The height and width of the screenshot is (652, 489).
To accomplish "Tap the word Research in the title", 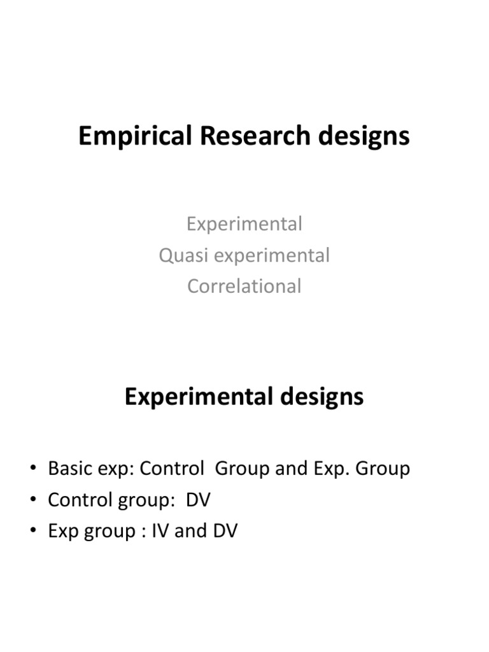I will pos(249,136).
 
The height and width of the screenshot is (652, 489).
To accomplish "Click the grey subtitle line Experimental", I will pos(244,224).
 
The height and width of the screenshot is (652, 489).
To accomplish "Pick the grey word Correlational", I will pos(244,286).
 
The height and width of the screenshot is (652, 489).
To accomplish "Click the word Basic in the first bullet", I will pos(68,469).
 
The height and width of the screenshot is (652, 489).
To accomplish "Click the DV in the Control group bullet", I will pos(198,500).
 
